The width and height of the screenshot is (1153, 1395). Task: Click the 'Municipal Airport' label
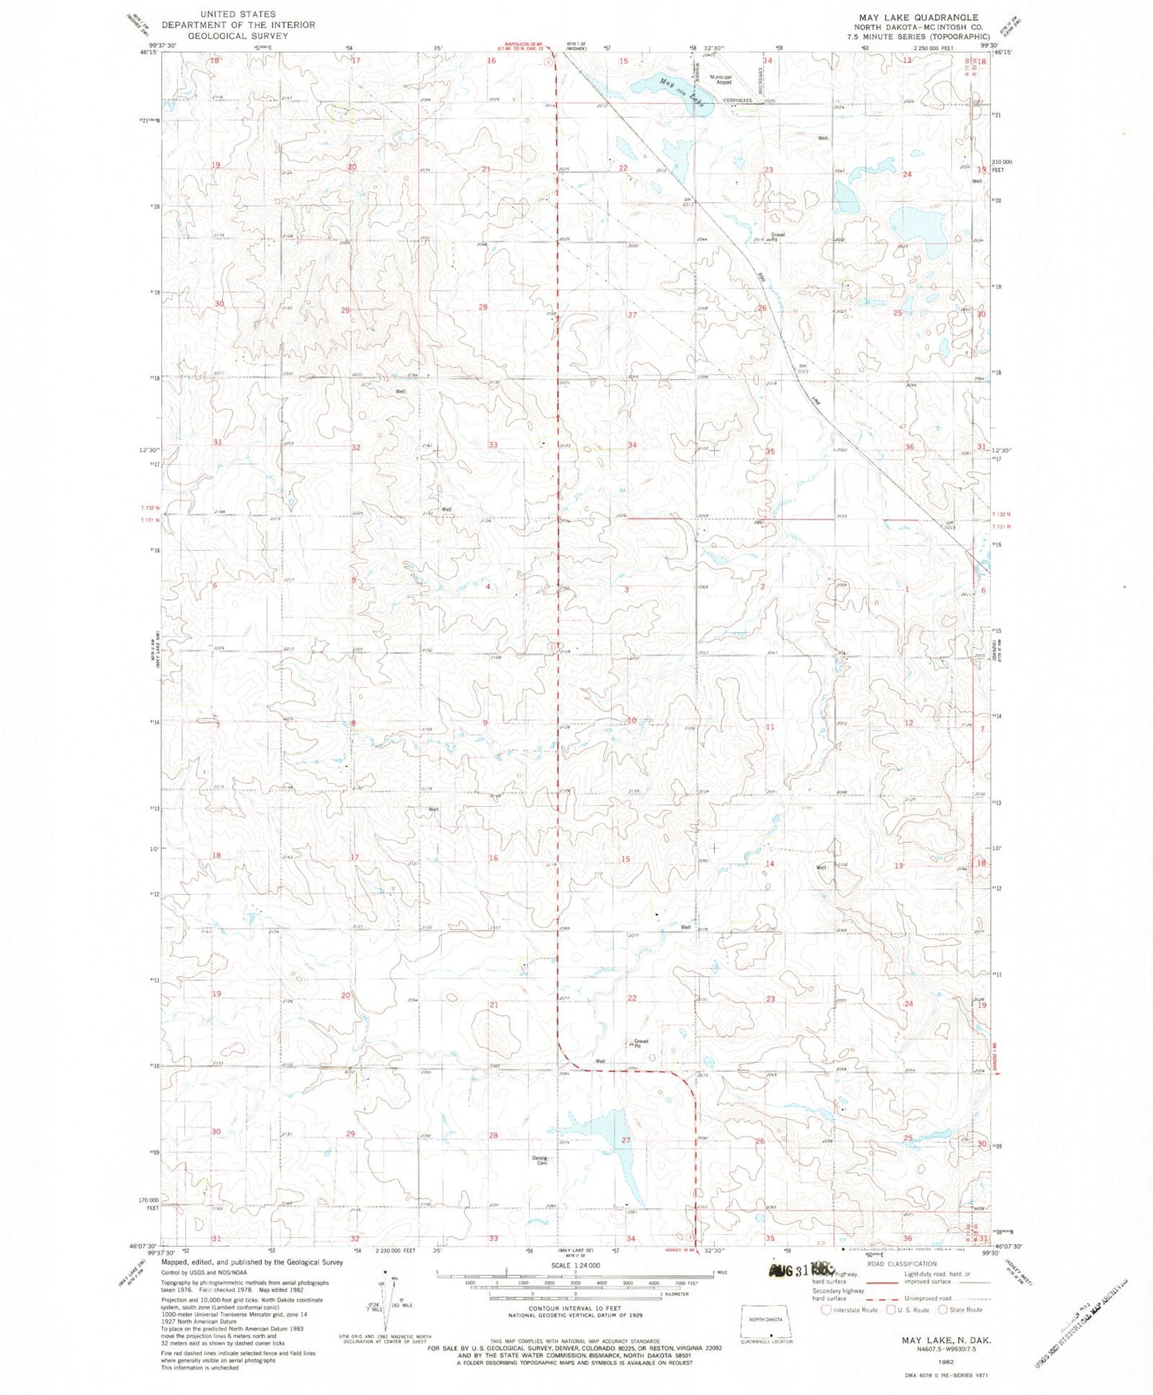722,78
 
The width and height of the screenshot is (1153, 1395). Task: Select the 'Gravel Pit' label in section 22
642,1043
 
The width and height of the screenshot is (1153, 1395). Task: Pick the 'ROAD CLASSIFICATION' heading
902,1264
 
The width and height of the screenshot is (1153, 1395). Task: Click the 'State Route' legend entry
961,1310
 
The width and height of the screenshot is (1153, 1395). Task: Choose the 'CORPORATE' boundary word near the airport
737,101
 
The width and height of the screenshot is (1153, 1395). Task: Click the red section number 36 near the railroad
909,447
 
